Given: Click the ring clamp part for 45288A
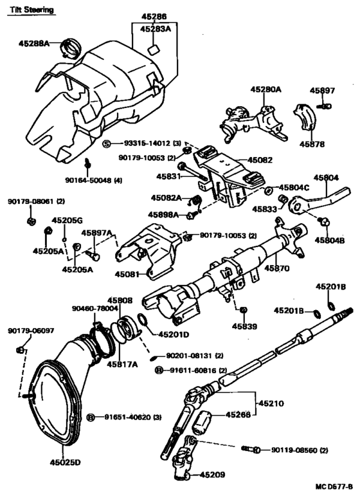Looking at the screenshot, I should [70, 48].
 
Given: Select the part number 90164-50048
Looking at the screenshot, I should [90, 181].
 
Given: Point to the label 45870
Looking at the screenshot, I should [278, 266].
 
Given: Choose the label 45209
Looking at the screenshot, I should [213, 475].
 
